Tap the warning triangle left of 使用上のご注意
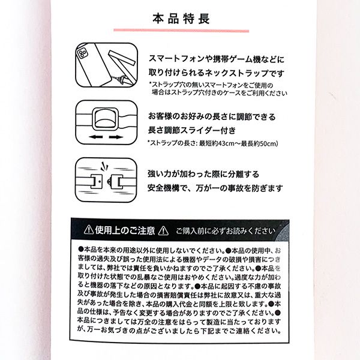pyautogui.click(x=88, y=230)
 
